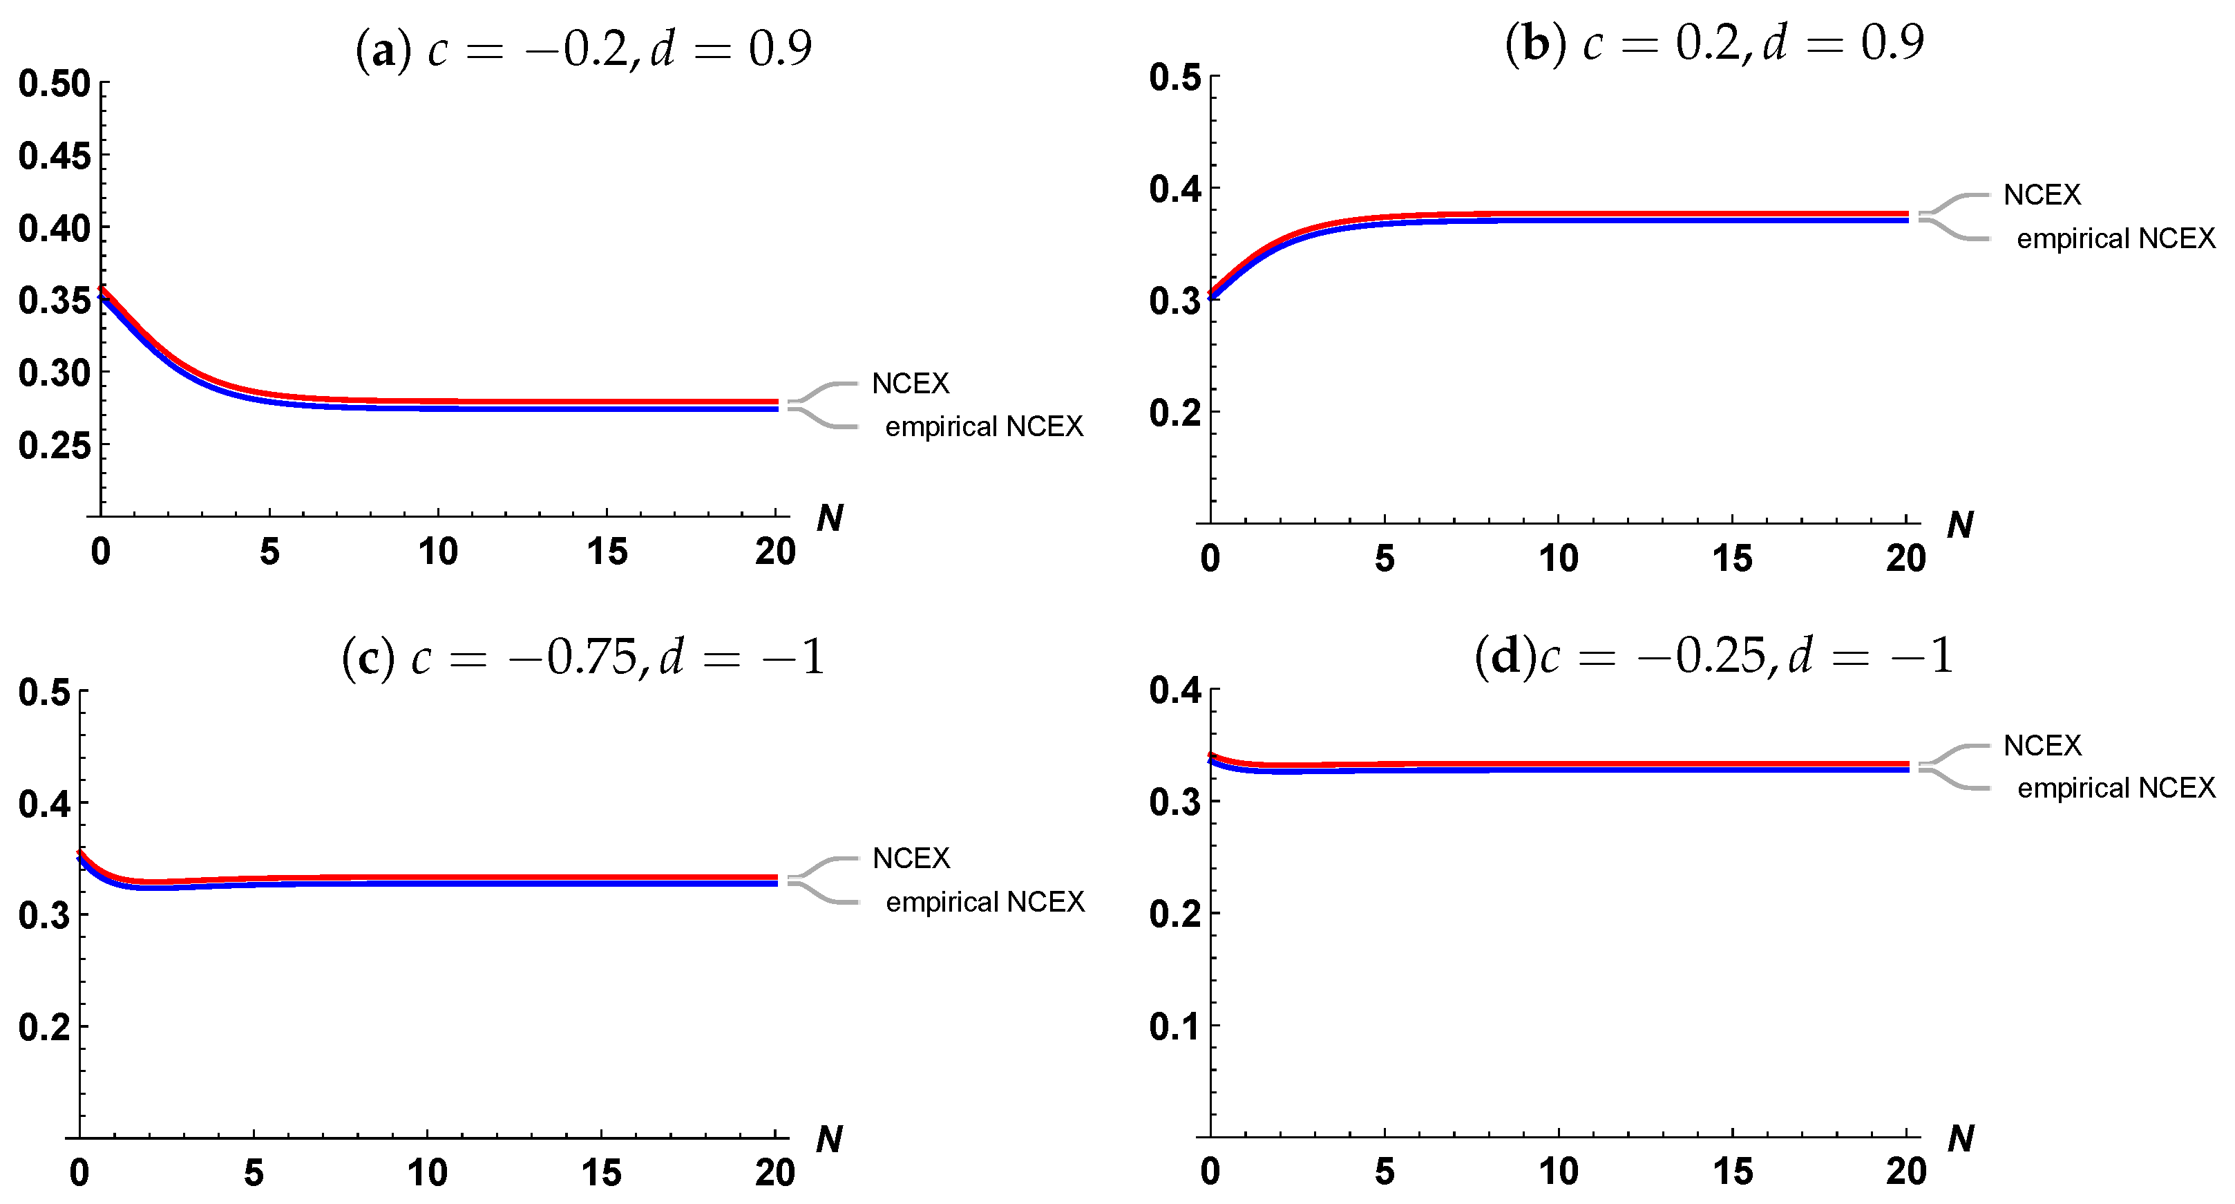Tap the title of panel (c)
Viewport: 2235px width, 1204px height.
pos(582,657)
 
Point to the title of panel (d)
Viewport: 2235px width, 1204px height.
pos(1713,655)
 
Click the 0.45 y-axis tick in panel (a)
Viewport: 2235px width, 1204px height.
pos(54,156)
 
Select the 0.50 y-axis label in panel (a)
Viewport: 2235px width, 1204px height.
pos(54,84)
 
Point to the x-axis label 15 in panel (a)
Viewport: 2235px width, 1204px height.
pos(607,552)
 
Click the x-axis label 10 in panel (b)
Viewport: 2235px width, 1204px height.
pos(1558,558)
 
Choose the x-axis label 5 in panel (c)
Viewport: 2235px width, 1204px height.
pos(254,1173)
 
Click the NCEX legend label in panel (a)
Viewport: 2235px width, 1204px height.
pos(910,383)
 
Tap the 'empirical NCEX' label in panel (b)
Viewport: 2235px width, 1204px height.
pos(2115,238)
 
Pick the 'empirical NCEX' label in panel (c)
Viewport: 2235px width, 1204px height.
pos(985,902)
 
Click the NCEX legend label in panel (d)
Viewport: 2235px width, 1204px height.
pos(2042,745)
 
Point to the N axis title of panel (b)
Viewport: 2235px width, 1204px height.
pos(1960,525)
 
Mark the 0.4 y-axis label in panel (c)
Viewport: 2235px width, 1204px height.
pos(44,804)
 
